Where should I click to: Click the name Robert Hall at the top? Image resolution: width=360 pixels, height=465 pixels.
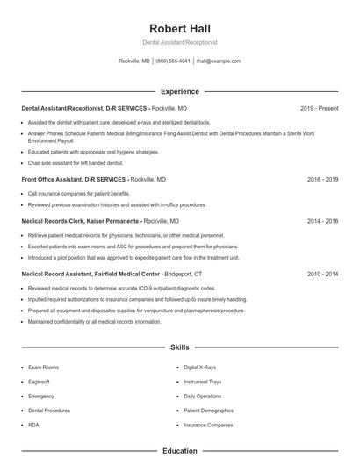click(x=180, y=28)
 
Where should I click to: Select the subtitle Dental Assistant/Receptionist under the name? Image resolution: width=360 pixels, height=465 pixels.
click(x=180, y=42)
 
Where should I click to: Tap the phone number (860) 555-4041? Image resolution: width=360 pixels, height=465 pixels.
click(x=174, y=61)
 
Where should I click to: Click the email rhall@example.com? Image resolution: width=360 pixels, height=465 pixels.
click(x=219, y=61)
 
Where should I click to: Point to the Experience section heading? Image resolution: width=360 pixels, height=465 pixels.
click(x=180, y=91)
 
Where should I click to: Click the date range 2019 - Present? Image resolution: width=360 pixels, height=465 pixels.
click(x=319, y=109)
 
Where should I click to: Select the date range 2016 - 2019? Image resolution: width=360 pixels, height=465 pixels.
click(x=322, y=179)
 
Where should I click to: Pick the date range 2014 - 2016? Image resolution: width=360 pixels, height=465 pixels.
click(x=322, y=222)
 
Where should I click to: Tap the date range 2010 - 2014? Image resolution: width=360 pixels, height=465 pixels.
click(x=322, y=274)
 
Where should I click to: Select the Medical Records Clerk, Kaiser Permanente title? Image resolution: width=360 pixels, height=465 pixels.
click(x=81, y=222)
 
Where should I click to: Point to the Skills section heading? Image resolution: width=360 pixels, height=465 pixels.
click(x=180, y=347)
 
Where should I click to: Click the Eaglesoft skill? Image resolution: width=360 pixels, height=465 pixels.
click(x=40, y=382)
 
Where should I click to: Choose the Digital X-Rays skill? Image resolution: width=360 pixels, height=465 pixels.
click(x=199, y=368)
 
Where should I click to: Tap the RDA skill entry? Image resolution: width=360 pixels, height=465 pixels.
click(x=33, y=425)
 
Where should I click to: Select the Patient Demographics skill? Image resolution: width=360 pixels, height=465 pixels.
click(x=208, y=410)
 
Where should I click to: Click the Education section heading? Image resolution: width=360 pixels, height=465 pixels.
click(x=180, y=451)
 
